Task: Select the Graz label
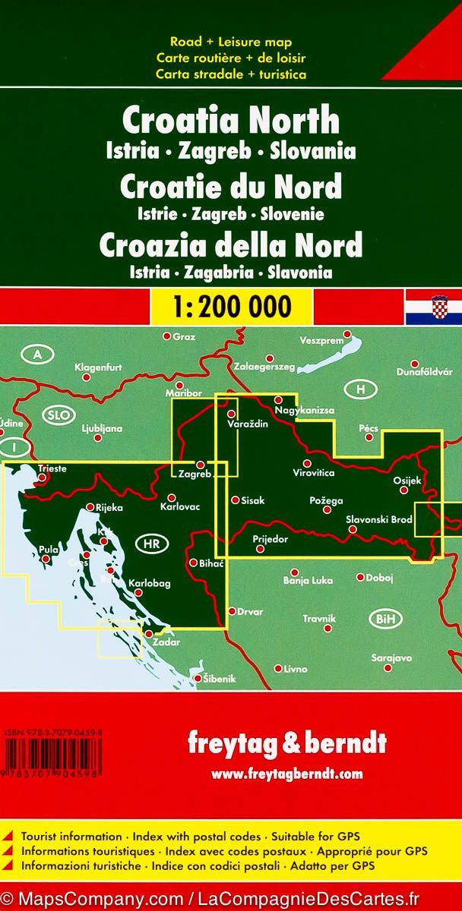point(185,336)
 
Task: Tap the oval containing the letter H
point(360,389)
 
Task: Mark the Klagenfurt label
point(99,368)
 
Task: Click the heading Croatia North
point(231,121)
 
